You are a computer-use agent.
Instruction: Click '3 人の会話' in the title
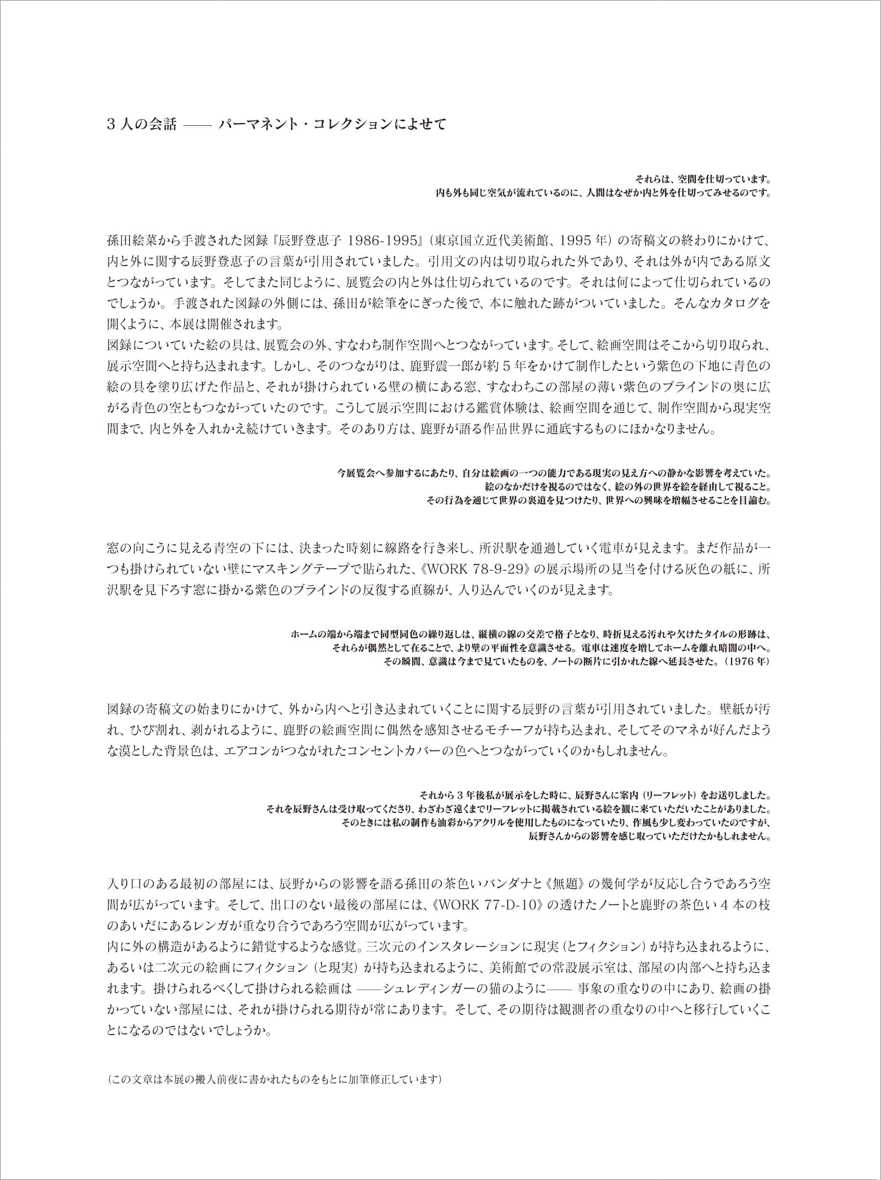coord(141,126)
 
